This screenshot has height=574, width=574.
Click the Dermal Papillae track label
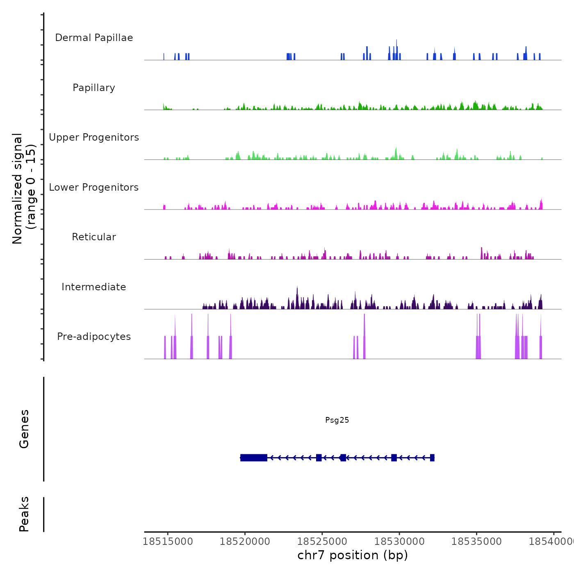click(94, 38)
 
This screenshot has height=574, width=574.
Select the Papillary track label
click(94, 88)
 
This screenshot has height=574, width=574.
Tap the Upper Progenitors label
click(94, 137)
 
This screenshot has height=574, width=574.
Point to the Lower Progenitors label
click(94, 187)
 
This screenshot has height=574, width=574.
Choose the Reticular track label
click(94, 237)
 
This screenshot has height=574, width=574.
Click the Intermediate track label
click(94, 287)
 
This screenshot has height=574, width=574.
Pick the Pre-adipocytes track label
click(94, 337)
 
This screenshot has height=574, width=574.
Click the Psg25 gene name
click(337, 420)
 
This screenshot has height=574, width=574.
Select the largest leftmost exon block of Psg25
click(254, 458)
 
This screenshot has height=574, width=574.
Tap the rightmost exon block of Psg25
click(432, 458)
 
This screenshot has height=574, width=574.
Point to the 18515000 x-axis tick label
click(168, 542)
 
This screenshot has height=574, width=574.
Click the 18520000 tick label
click(245, 542)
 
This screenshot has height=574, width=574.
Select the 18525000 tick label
click(322, 542)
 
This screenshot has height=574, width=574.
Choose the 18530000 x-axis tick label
click(399, 542)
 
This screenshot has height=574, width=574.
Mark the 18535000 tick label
click(476, 542)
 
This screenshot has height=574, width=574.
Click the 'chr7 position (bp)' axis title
click(353, 555)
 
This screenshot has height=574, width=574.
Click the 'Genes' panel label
click(24, 429)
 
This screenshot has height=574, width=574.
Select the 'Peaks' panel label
click(24, 514)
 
